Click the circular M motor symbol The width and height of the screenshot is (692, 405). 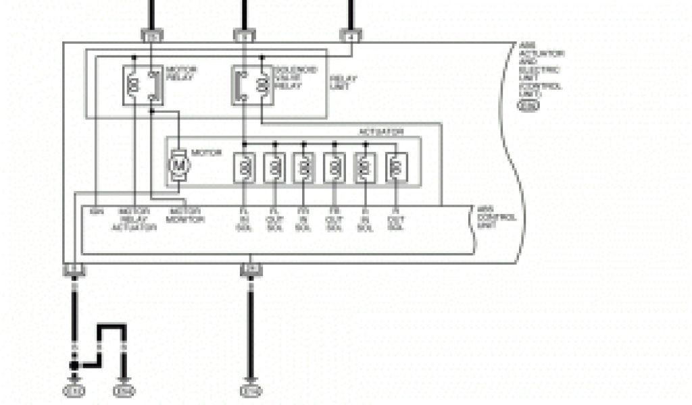click(179, 163)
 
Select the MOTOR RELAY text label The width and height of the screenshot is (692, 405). click(177, 74)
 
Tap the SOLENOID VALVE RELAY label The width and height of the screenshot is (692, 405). click(289, 78)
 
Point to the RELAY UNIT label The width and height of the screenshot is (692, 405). click(343, 82)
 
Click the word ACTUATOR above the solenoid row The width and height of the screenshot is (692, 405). click(382, 132)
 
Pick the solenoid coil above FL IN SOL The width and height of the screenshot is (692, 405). click(244, 167)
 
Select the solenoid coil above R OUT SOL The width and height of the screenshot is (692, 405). click(396, 167)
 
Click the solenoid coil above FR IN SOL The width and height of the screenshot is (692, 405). click(304, 167)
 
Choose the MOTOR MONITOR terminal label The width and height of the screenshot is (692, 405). click(184, 215)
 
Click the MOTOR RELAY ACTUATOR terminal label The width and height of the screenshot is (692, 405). click(134, 219)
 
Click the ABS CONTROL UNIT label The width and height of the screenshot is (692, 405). click(497, 217)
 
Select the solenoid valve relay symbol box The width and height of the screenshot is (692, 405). click(251, 85)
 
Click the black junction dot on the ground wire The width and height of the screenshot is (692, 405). click(74, 365)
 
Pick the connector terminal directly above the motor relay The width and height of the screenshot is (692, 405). click(151, 34)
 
